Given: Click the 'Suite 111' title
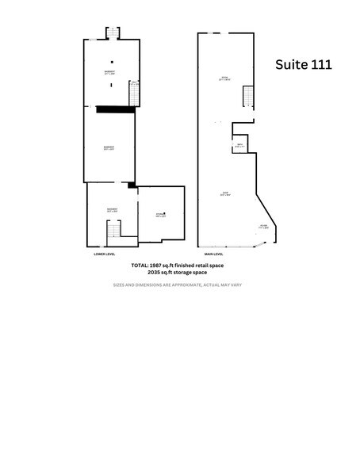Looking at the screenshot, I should coord(303,64).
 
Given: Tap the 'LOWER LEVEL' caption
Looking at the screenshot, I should coord(105,254).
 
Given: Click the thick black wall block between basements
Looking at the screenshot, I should coord(114,110).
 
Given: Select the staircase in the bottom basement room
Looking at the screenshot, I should coord(115,230).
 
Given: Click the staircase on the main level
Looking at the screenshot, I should coord(248,97).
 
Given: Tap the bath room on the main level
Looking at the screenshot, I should coord(239,145).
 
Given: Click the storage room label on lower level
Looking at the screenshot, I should coord(160,215).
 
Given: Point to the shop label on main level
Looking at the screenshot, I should coord(225,194).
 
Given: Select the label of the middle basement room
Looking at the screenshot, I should coord(109,147).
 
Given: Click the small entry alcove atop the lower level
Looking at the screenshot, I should coord(113,32).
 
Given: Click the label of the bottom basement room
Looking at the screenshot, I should coord(112,210).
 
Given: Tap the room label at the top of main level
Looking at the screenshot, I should coord(224,78).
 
